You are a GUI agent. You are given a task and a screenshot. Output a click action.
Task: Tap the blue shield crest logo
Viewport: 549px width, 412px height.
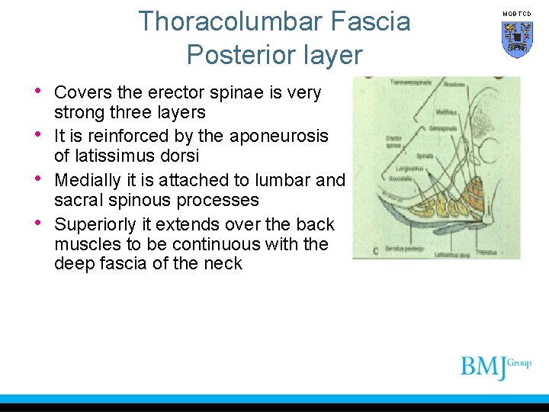coord(516,39)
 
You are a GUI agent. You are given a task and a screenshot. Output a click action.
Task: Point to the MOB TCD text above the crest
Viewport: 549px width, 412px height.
coord(516,14)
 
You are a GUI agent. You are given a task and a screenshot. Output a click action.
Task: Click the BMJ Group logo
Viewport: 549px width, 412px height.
coord(496,367)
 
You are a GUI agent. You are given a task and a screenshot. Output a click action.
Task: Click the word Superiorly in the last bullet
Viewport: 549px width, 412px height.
coord(95,224)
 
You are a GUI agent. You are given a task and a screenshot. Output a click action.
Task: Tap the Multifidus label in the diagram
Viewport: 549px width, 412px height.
coord(446,111)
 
